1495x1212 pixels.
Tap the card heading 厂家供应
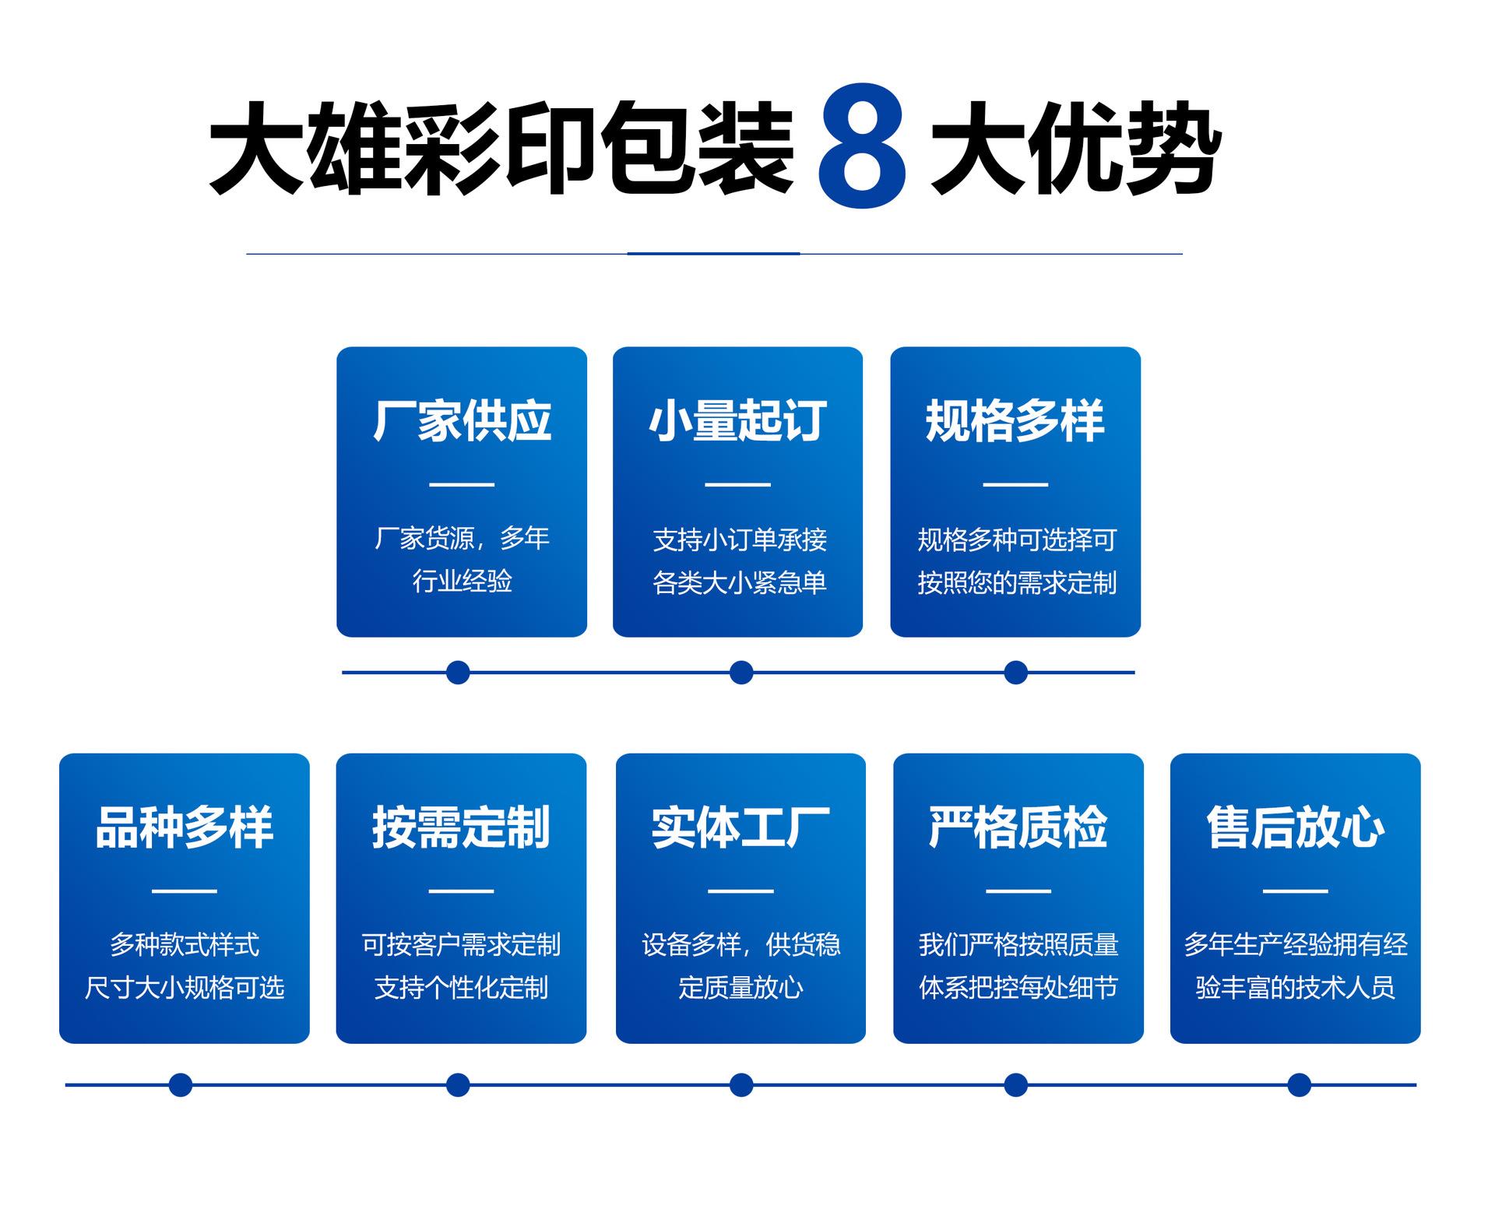[x=462, y=421]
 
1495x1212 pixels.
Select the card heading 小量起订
[x=738, y=421]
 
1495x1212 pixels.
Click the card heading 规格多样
[x=1015, y=421]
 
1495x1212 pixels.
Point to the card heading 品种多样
[x=185, y=827]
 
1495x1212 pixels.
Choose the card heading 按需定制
[x=461, y=827]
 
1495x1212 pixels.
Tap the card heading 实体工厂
[x=740, y=827]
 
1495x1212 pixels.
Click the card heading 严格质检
[x=1018, y=827]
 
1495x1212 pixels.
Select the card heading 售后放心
[x=1296, y=827]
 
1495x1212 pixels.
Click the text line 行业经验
[x=462, y=581]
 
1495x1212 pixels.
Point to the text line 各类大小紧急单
[x=739, y=582]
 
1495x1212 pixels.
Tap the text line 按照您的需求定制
[x=1017, y=582]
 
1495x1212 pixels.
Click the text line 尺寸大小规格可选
[x=185, y=988]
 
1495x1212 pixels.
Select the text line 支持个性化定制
[x=461, y=988]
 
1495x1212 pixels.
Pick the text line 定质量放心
[x=740, y=988]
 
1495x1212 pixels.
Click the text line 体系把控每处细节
[x=1018, y=988]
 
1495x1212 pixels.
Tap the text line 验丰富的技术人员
[x=1296, y=988]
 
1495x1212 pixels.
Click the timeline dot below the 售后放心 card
[x=1299, y=1084]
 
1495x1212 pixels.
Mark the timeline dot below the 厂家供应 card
[x=458, y=672]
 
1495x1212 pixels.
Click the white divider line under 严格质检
[x=1018, y=891]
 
